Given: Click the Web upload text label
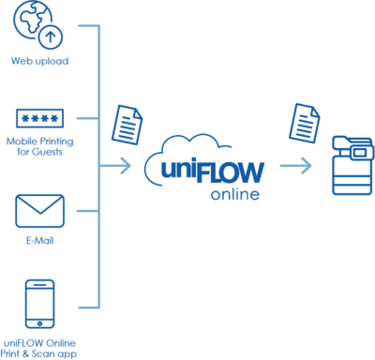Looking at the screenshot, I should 39,62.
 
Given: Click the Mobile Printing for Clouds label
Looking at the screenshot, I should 39,146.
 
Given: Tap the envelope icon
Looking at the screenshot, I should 39,211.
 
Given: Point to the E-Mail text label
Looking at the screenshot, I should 39,241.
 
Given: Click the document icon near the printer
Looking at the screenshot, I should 303,121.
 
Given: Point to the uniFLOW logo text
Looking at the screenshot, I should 206,173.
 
